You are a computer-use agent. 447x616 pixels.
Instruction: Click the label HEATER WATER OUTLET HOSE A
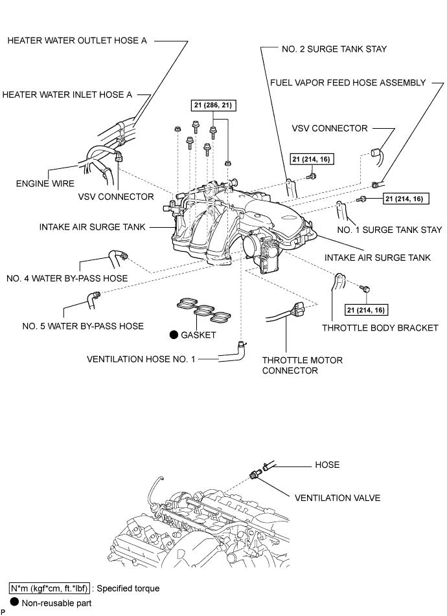coord(77,41)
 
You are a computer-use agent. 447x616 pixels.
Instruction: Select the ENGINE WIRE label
coord(45,184)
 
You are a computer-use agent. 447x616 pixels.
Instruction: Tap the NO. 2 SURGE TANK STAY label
coord(334,49)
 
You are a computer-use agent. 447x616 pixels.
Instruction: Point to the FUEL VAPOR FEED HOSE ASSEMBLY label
coord(348,83)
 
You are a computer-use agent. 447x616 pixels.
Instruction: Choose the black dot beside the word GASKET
coord(174,335)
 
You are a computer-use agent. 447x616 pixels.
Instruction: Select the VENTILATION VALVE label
coord(338,498)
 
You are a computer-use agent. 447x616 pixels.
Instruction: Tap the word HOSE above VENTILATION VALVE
coord(327,465)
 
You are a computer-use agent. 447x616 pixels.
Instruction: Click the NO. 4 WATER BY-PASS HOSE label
coord(67,278)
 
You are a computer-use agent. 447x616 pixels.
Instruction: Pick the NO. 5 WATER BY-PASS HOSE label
coord(83,326)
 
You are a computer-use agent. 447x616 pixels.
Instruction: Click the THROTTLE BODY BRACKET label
coord(380,327)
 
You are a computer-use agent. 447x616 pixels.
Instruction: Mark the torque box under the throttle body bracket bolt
coord(366,310)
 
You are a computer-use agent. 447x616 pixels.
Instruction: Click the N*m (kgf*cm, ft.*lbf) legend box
coord(49,588)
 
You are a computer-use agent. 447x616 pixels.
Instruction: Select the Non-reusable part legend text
coord(56,603)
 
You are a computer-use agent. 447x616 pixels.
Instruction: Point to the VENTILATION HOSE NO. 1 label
coord(141,359)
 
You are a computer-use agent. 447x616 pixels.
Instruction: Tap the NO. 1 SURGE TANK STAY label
coord(389,230)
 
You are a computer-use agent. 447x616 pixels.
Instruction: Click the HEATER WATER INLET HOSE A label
coord(67,94)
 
